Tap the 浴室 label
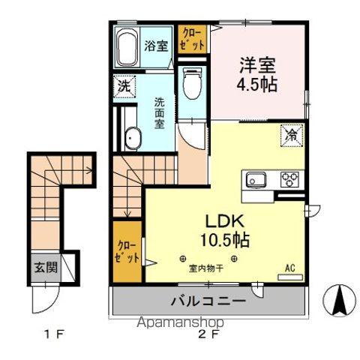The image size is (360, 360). coord(157,46)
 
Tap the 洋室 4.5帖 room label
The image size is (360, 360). coord(259,73)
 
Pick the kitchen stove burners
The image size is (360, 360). coord(289,180)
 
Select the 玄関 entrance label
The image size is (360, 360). coord(44,266)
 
